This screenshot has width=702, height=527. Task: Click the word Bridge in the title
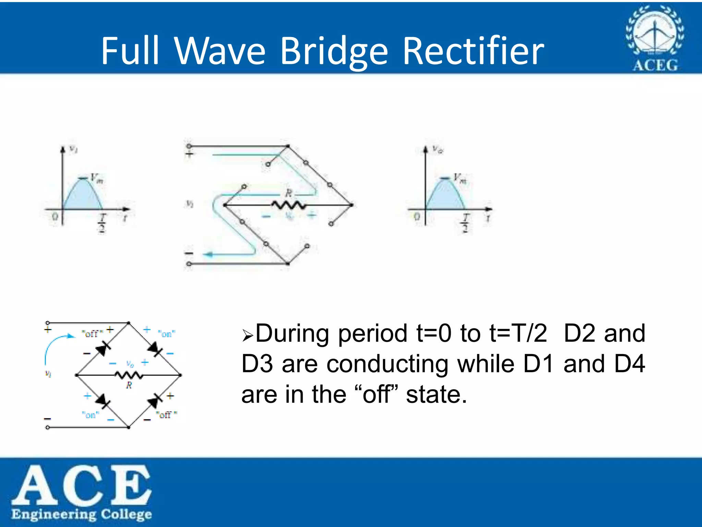[x=334, y=51]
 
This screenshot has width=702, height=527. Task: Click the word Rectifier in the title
[x=473, y=51]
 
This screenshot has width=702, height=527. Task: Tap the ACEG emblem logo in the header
[x=655, y=38]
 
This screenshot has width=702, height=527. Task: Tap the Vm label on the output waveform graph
[x=460, y=178]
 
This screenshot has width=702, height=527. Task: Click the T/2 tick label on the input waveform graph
[x=102, y=223]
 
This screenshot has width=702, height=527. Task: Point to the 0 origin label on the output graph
[x=417, y=217]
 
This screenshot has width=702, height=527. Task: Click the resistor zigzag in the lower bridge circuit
[x=129, y=375]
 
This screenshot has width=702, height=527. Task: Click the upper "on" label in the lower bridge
[x=167, y=333]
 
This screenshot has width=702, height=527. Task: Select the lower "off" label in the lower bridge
[x=166, y=415]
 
